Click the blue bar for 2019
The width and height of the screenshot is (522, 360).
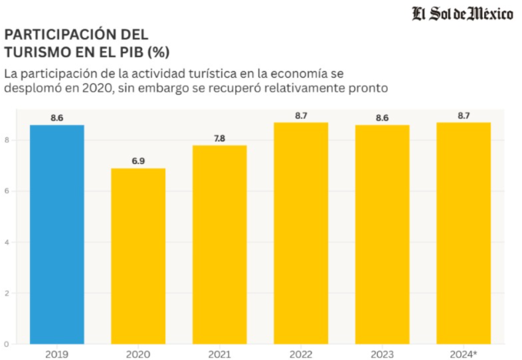pyautogui.click(x=57, y=234)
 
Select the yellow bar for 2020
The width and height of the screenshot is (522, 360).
pyautogui.click(x=138, y=256)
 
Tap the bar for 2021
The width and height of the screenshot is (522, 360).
pyautogui.click(x=219, y=244)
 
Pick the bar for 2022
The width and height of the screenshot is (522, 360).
pyautogui.click(x=301, y=232)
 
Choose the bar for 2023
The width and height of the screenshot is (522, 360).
pyautogui.click(x=382, y=234)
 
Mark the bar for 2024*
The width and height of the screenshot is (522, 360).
pyautogui.click(x=464, y=232)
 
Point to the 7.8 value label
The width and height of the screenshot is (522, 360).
pyautogui.click(x=219, y=138)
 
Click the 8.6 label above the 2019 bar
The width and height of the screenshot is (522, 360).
pyautogui.click(x=57, y=118)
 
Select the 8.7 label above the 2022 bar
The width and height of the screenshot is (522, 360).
pyautogui.click(x=301, y=116)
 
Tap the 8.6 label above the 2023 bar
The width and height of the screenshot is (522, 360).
pyautogui.click(x=382, y=118)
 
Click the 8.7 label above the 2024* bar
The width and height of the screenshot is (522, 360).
pyautogui.click(x=464, y=116)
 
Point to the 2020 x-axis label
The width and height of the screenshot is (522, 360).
pyautogui.click(x=138, y=353)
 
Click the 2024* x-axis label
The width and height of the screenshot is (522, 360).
pyautogui.click(x=464, y=353)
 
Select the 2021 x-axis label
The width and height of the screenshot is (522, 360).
pyautogui.click(x=219, y=353)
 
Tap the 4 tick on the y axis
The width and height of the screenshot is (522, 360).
pyautogui.click(x=6, y=242)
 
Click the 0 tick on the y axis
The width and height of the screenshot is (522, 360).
pyautogui.click(x=6, y=344)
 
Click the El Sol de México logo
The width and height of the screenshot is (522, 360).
pyautogui.click(x=462, y=13)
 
